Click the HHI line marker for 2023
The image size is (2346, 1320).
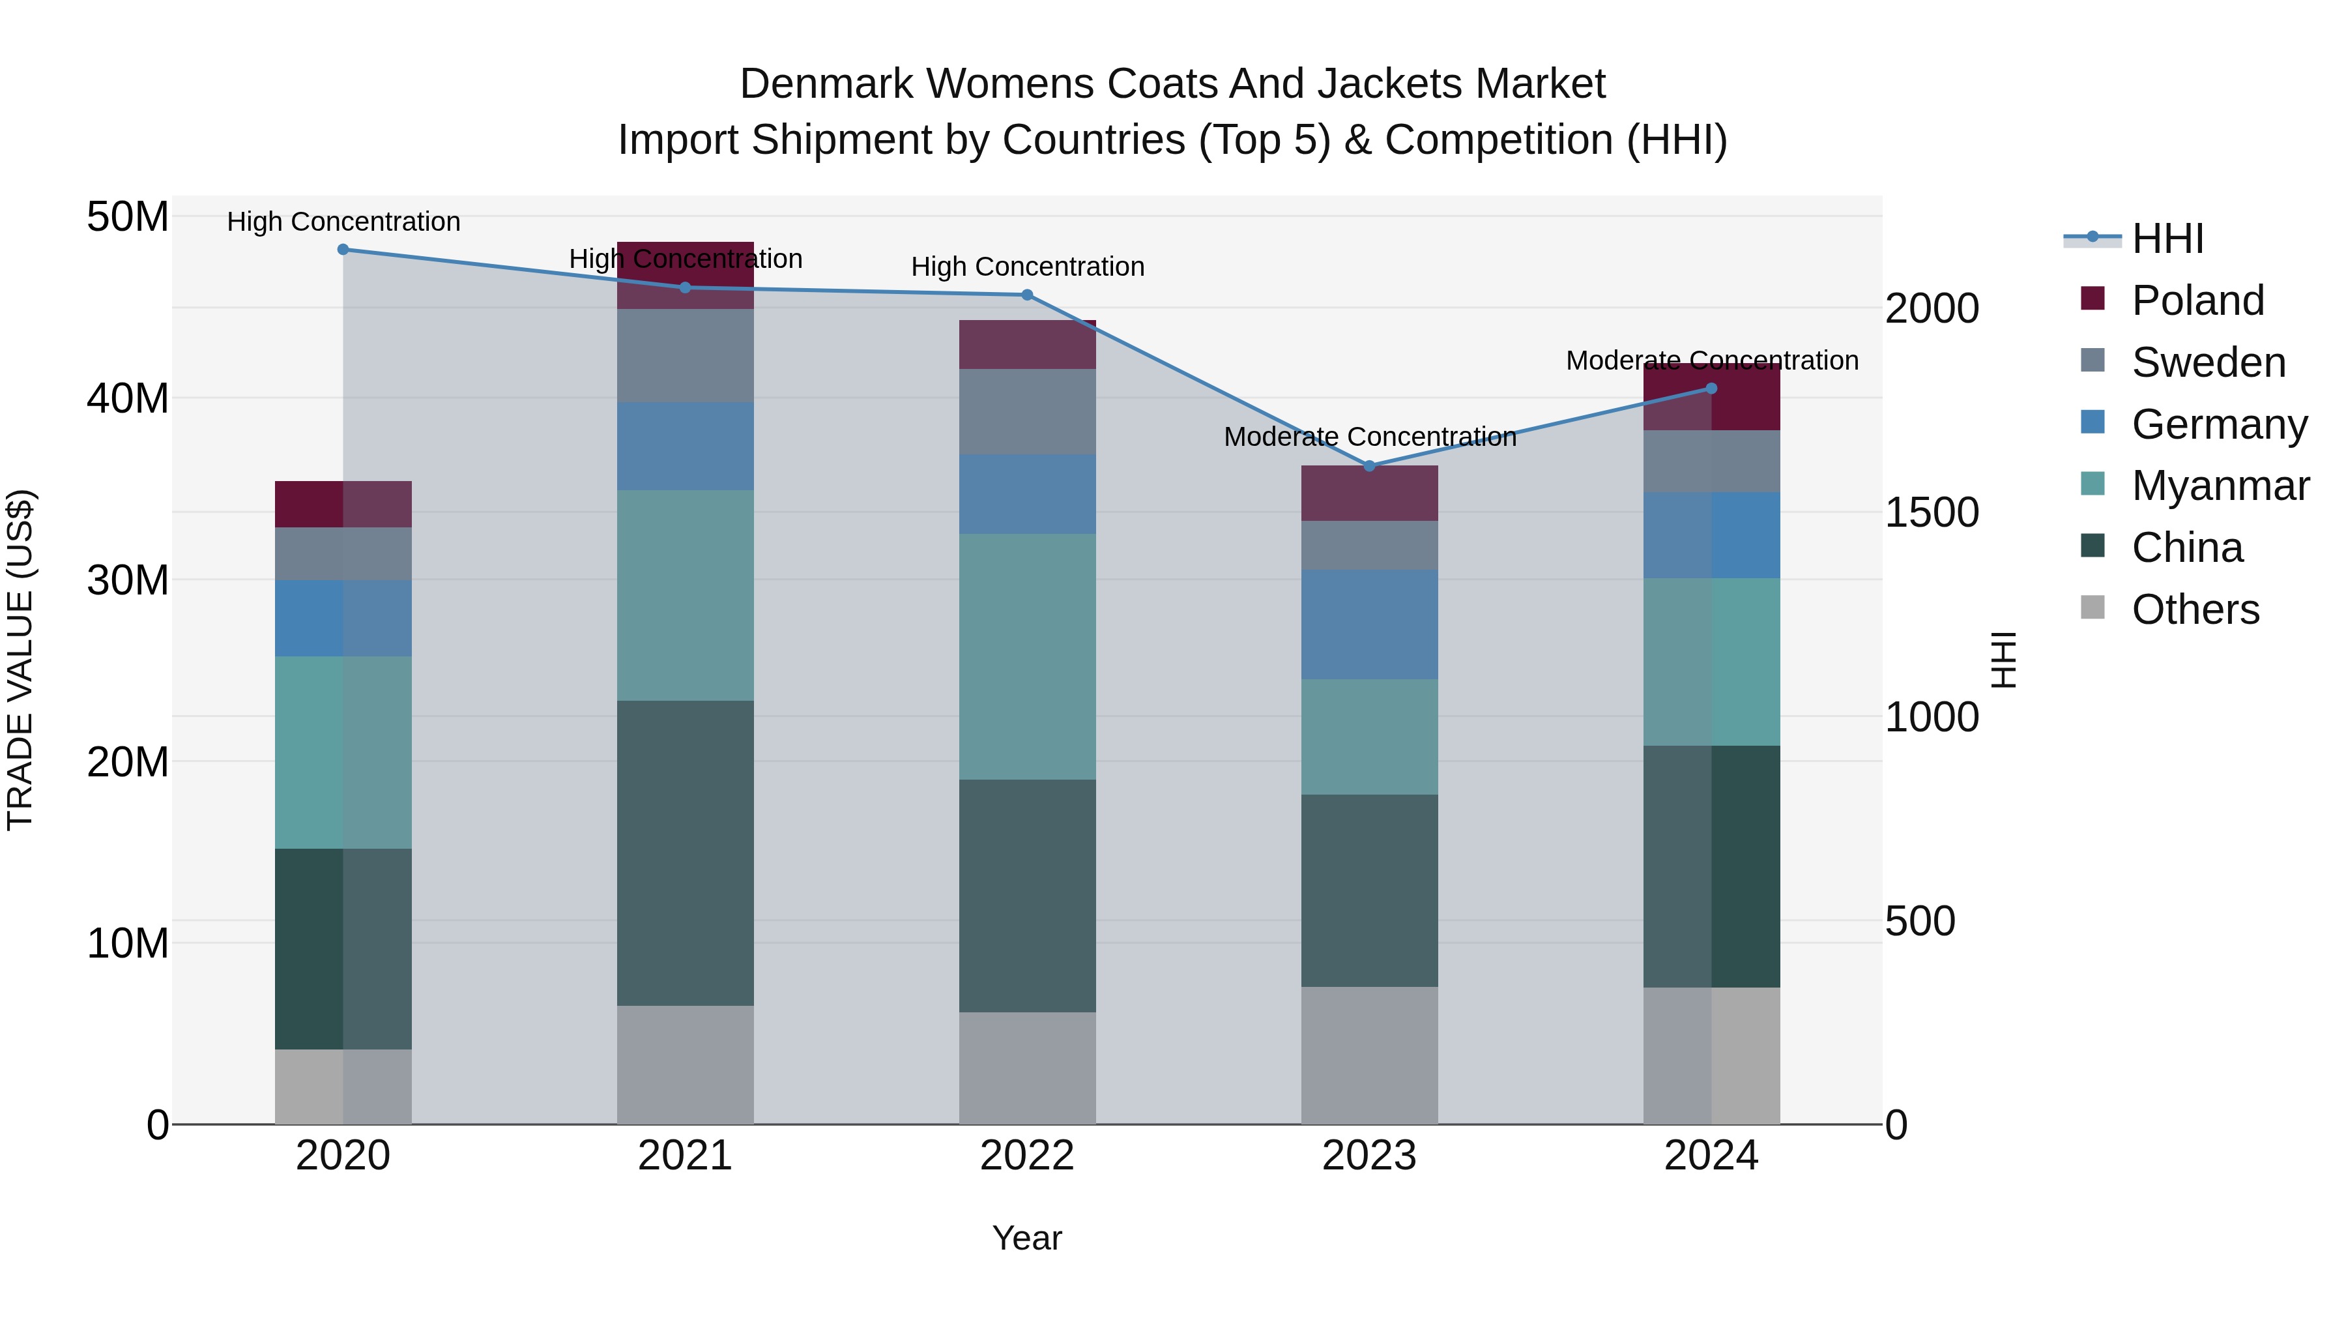pyautogui.click(x=1368, y=465)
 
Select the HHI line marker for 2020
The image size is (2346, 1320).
pyautogui.click(x=343, y=250)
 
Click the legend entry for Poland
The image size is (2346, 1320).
pyautogui.click(x=2197, y=301)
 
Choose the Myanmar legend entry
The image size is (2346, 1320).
pyautogui.click(x=2220, y=486)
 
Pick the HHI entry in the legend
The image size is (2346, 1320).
pyautogui.click(x=2167, y=239)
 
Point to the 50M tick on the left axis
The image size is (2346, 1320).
pyautogui.click(x=128, y=217)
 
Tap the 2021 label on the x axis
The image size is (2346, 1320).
pyautogui.click(x=685, y=1156)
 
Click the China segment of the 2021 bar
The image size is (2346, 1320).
pyautogui.click(x=685, y=853)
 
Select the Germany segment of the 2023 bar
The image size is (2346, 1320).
pyautogui.click(x=1368, y=625)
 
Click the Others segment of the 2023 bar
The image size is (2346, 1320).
pyautogui.click(x=1368, y=1055)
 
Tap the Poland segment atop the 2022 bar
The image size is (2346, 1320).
pyautogui.click(x=1027, y=344)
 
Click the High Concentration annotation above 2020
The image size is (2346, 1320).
pyautogui.click(x=343, y=222)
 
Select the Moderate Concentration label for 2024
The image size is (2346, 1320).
pyautogui.click(x=1711, y=360)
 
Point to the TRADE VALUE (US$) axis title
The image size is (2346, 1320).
pyautogui.click(x=20, y=660)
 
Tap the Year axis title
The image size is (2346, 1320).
pyautogui.click(x=1026, y=1238)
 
